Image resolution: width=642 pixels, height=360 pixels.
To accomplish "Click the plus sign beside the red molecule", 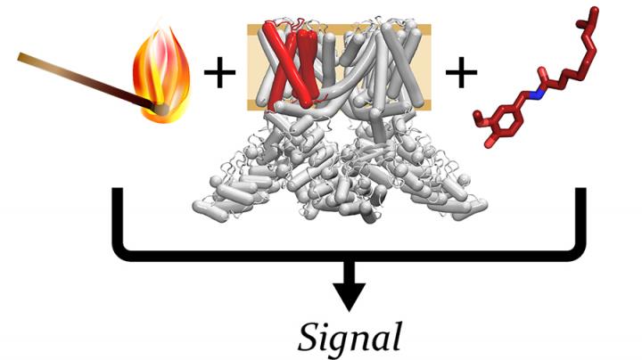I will (460, 74).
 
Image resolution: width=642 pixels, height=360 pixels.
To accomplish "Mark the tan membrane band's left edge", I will (249, 67).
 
